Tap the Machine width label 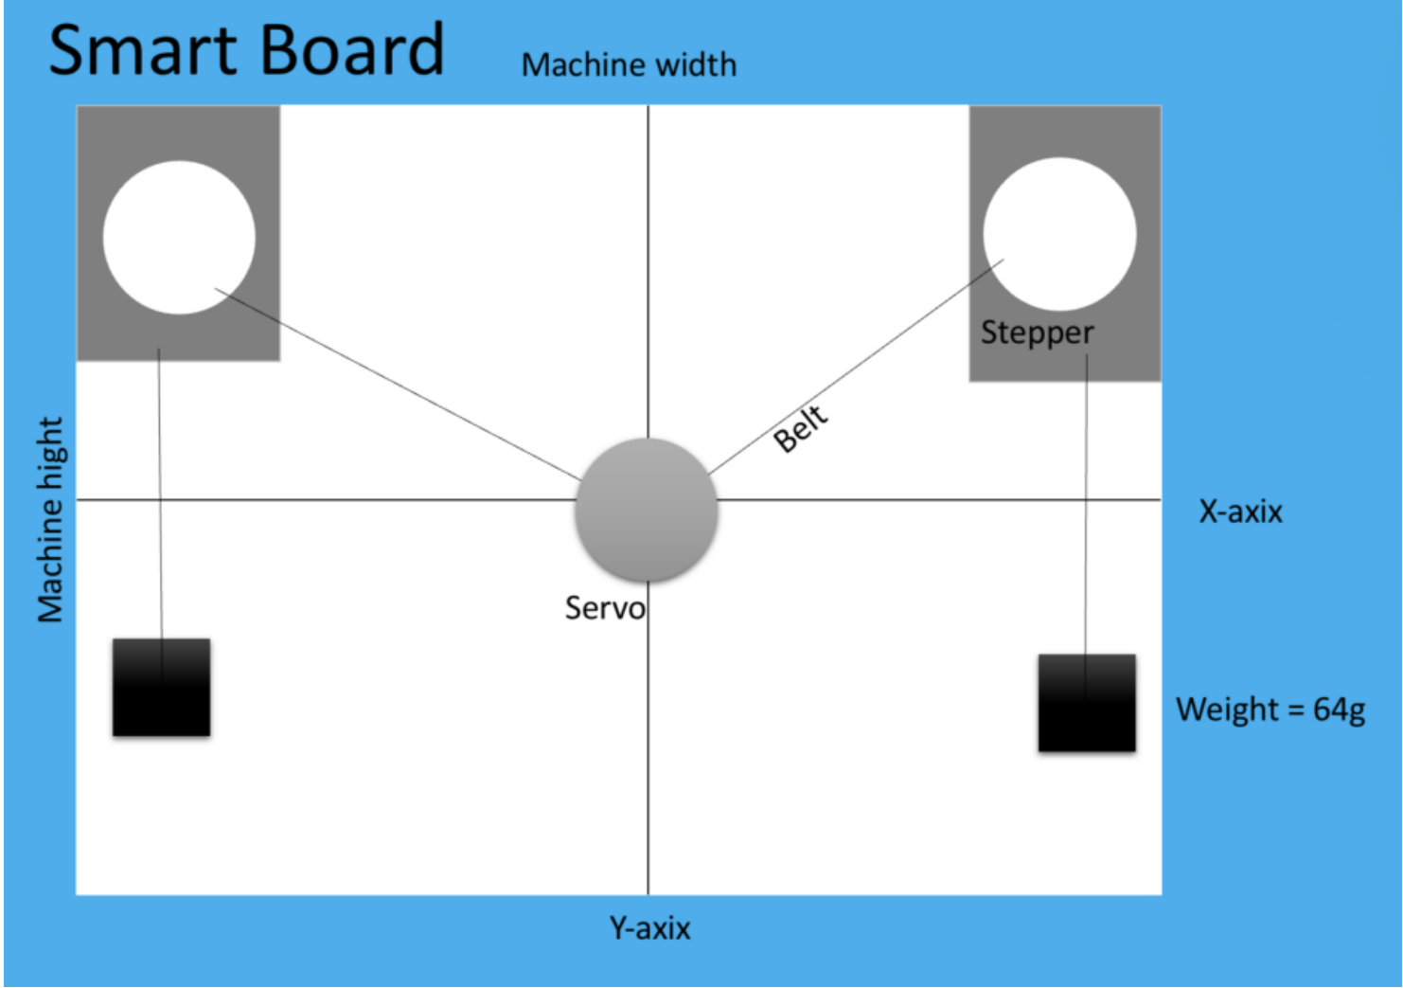pos(629,64)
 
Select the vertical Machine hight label pos(50,519)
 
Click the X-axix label pos(1240,512)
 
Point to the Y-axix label pos(649,927)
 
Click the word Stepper pos(1037,332)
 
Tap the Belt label pos(801,428)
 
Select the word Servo pos(605,607)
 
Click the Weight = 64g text pos(1270,710)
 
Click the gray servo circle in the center pos(647,510)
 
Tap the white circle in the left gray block pos(179,237)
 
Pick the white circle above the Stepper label pos(1059,234)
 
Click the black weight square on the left pos(161,688)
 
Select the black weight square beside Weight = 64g pos(1086,703)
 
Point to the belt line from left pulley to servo pos(398,384)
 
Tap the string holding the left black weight pos(160,493)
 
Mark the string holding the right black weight pos(1086,502)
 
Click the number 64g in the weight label pos(1339,710)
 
